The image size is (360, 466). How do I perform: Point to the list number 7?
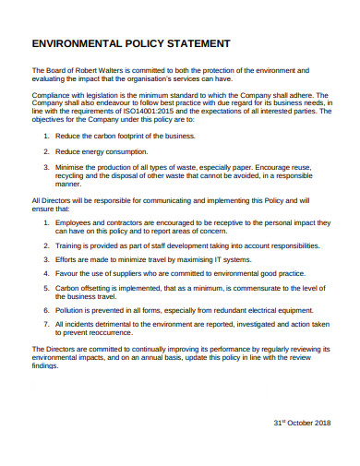[46, 325]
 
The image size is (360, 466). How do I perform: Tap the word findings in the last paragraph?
[45, 365]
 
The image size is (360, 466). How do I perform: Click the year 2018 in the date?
[319, 423]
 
